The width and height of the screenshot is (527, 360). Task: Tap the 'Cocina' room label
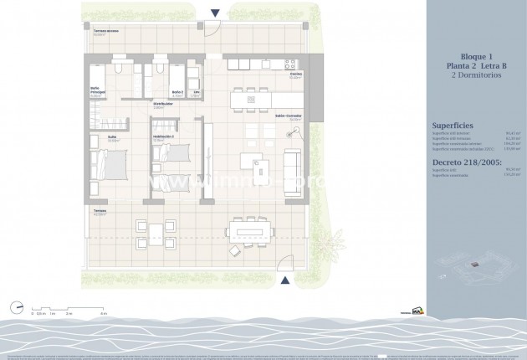295,75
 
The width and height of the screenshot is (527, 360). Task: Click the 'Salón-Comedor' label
288,116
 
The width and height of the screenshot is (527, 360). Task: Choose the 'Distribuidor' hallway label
163,105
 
